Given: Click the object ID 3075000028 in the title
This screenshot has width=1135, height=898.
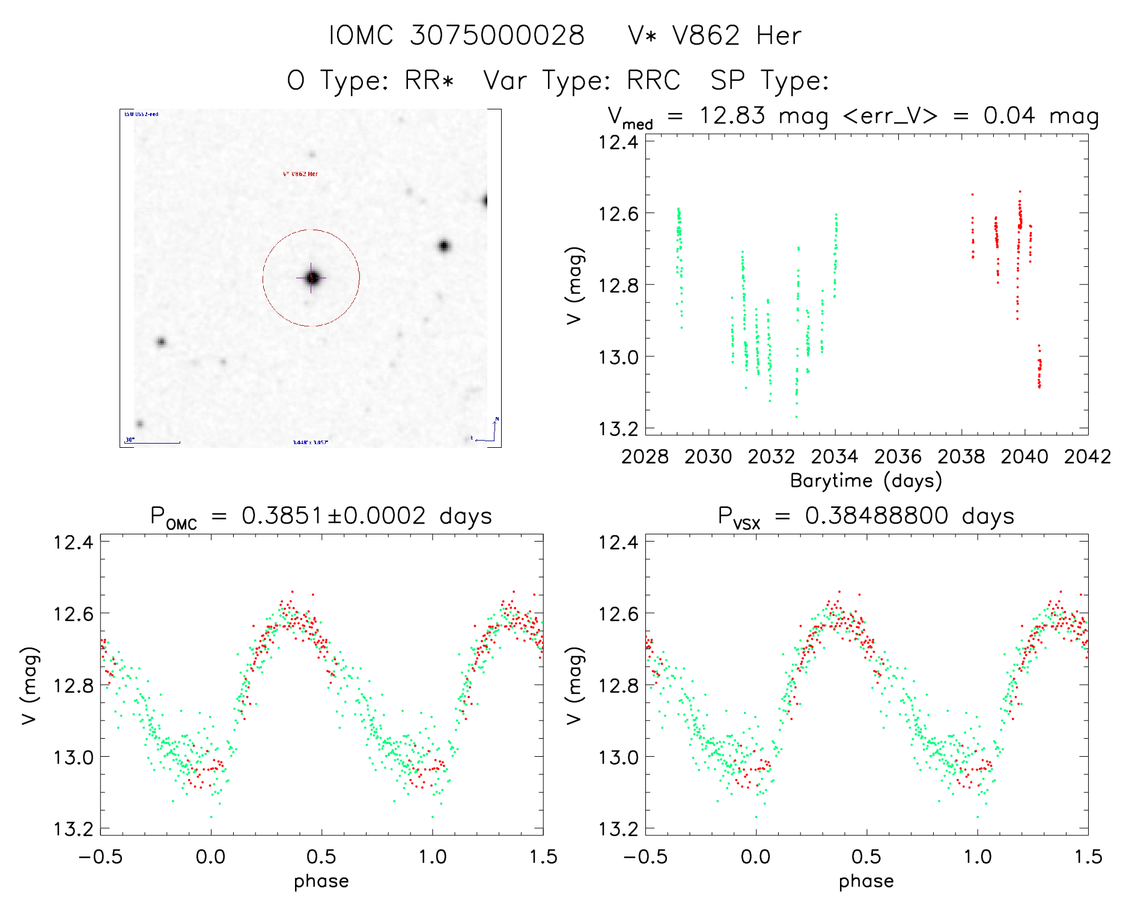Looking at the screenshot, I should (497, 35).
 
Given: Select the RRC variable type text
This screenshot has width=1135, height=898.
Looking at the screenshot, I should (653, 81).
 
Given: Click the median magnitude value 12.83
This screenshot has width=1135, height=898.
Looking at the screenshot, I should (732, 115).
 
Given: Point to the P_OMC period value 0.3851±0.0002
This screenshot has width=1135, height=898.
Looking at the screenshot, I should (333, 516).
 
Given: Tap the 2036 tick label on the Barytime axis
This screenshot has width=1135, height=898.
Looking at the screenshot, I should (898, 457).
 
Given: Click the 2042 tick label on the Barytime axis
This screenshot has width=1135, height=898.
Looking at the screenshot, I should (1087, 457).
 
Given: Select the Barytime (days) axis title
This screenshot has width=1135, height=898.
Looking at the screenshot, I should (866, 481).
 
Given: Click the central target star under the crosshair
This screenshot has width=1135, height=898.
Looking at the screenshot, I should (312, 278).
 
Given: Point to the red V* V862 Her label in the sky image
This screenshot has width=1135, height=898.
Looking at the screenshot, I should (300, 174).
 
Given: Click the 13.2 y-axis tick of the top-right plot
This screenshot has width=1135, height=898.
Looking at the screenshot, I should (617, 429).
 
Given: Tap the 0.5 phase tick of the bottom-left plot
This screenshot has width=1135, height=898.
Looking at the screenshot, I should (321, 857).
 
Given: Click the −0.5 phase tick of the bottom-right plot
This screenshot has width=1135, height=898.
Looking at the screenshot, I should (645, 857).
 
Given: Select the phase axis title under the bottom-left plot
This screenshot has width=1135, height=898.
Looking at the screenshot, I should (321, 881).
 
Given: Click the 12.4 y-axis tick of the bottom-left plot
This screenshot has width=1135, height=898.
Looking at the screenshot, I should (73, 542).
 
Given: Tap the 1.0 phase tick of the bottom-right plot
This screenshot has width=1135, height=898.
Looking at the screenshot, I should (978, 857).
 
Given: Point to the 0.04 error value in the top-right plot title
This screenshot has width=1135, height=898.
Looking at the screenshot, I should (1009, 115).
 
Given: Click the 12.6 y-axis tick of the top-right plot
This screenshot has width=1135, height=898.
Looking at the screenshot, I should (617, 213).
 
